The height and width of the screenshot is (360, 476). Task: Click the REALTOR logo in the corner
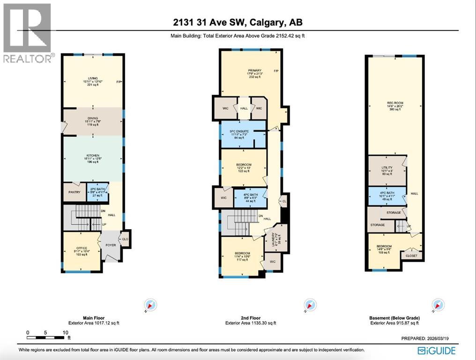pyautogui.click(x=27, y=32)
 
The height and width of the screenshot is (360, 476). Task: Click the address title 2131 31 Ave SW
pyautogui.click(x=238, y=22)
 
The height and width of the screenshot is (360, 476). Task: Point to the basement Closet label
pyautogui.click(x=411, y=256)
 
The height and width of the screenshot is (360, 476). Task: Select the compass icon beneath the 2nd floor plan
pyautogui.click(x=309, y=305)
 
